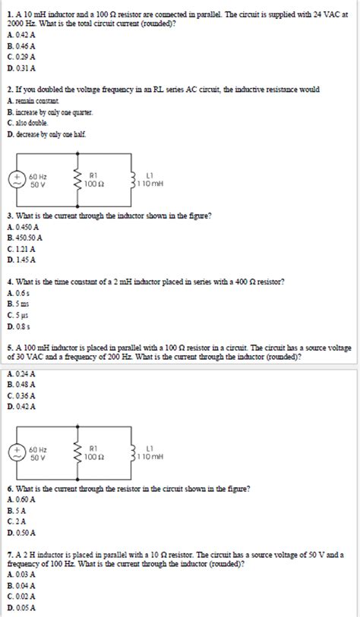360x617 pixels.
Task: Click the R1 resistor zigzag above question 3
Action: (x=76, y=180)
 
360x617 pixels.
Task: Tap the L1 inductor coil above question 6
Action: (x=134, y=453)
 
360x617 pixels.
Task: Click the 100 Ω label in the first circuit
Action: (x=95, y=184)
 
